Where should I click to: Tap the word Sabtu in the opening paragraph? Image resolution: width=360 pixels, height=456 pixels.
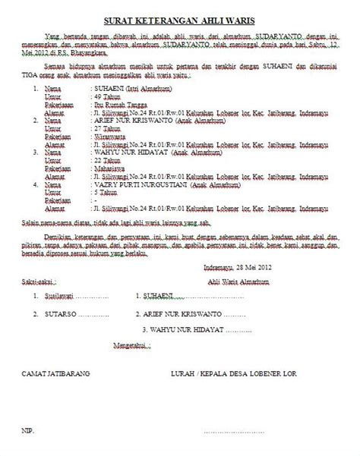[313, 49]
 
